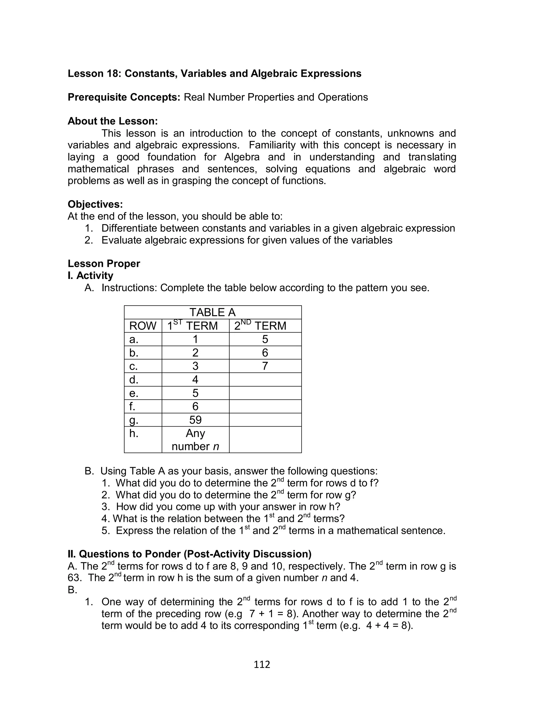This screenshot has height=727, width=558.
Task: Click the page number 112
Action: [x=262, y=664]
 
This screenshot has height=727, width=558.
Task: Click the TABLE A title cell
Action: [x=213, y=312]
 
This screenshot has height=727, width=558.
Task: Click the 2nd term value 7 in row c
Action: [x=265, y=366]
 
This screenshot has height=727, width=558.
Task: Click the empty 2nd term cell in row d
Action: [x=265, y=379]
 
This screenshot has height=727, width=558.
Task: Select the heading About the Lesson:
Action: [x=113, y=121]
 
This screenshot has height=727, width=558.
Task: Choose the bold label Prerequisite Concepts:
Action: [x=124, y=97]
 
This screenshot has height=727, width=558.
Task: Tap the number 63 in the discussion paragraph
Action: [x=75, y=578]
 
